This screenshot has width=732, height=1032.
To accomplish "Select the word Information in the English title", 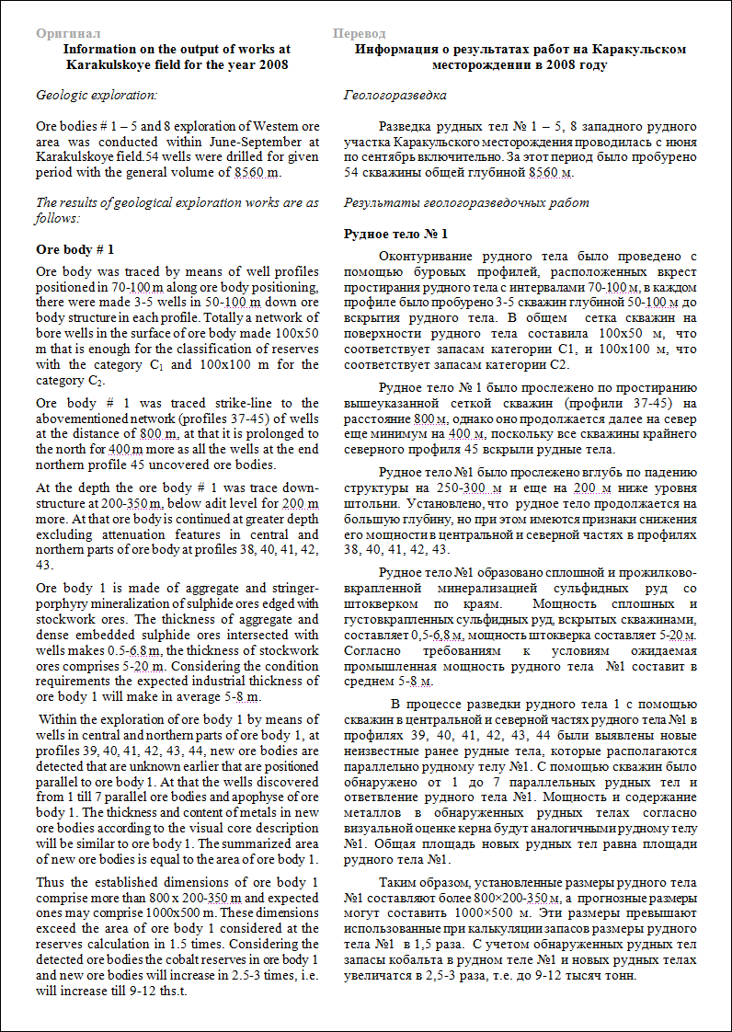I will (x=98, y=48).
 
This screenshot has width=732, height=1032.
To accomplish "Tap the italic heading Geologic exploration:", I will (x=96, y=95).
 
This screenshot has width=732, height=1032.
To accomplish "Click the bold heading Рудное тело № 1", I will (x=395, y=234).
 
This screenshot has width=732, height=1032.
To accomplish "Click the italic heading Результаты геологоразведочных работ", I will (x=465, y=202).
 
